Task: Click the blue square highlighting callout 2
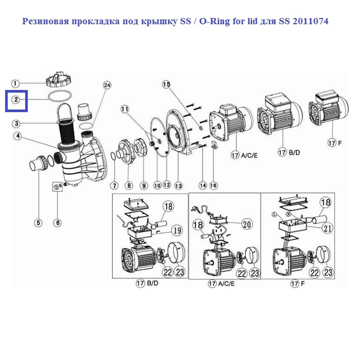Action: pyautogui.click(x=16, y=100)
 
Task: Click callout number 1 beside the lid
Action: pyautogui.click(x=15, y=83)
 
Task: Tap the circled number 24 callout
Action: pyautogui.click(x=107, y=85)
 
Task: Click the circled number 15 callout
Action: pyautogui.click(x=166, y=85)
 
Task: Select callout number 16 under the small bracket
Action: pyautogui.click(x=213, y=185)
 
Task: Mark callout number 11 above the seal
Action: pyautogui.click(x=125, y=109)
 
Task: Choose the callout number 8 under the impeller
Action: pyautogui.click(x=129, y=185)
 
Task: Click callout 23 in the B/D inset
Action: pyautogui.click(x=179, y=272)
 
